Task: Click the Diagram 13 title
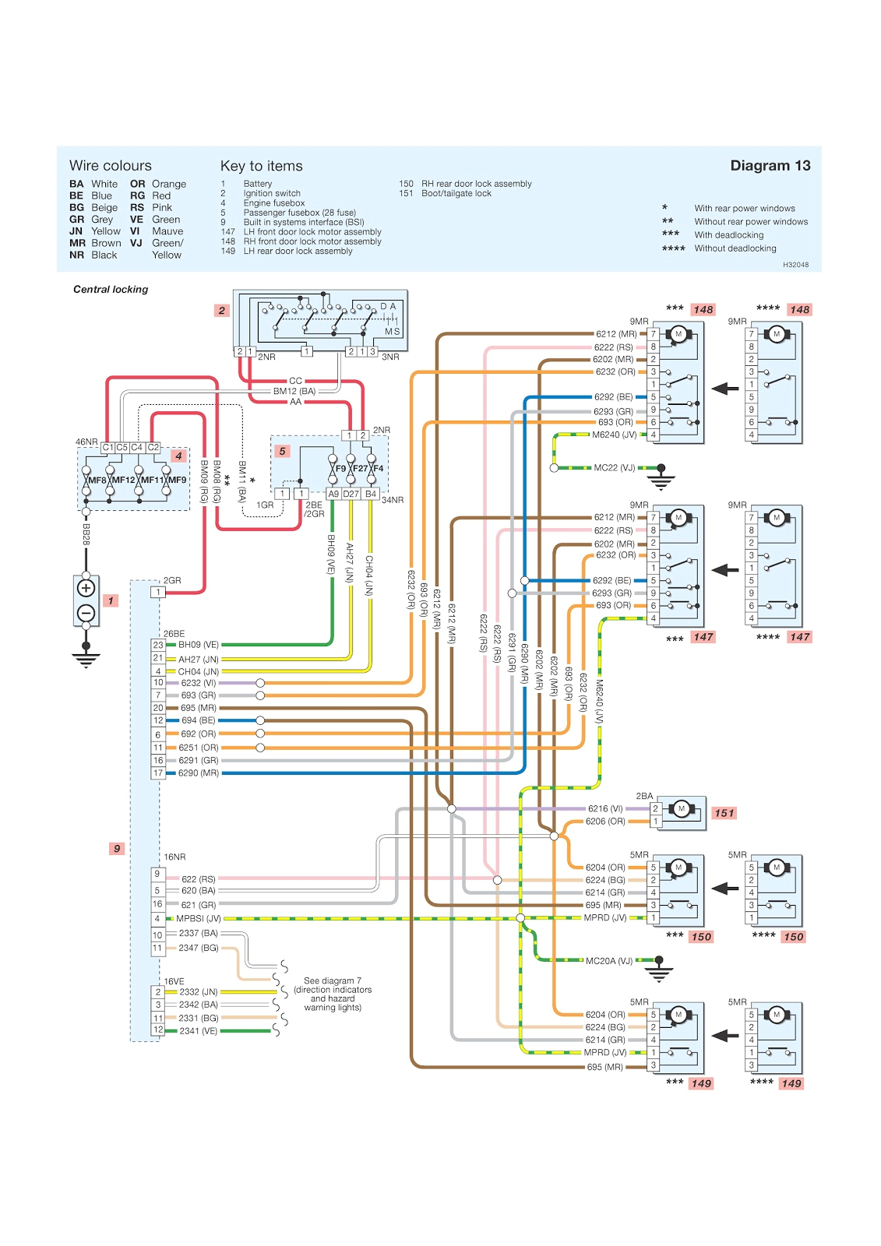(x=770, y=165)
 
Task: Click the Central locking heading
(x=111, y=289)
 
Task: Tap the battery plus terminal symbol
(x=86, y=588)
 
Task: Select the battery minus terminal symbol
(x=86, y=613)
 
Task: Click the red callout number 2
(x=222, y=310)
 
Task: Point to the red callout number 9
(x=117, y=848)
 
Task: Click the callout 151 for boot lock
(x=724, y=813)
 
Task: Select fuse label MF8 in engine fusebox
(x=97, y=480)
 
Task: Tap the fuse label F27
(x=360, y=469)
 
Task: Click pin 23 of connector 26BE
(x=158, y=645)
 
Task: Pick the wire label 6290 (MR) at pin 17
(x=199, y=773)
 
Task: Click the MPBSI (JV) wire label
(x=199, y=919)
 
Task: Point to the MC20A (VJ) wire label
(x=609, y=961)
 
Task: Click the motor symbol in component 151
(x=681, y=808)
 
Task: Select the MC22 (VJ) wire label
(x=615, y=468)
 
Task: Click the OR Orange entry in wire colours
(x=158, y=184)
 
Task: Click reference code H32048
(x=795, y=265)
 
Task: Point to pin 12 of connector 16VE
(x=158, y=1030)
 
